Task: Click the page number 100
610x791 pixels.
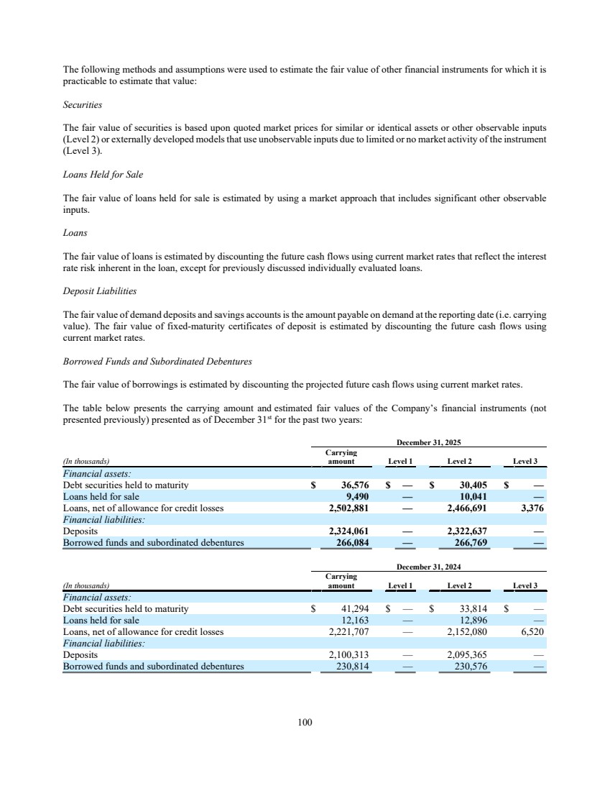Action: pyautogui.click(x=305, y=722)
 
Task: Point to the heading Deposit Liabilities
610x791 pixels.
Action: pyautogui.click(x=98, y=291)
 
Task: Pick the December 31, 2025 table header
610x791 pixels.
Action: pyautogui.click(x=428, y=443)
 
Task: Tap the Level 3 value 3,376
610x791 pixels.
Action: pyautogui.click(x=531, y=508)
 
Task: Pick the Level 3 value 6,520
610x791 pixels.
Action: pyautogui.click(x=531, y=631)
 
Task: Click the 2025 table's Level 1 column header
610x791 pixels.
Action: pyautogui.click(x=400, y=460)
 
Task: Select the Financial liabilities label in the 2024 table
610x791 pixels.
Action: pyautogui.click(x=103, y=644)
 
